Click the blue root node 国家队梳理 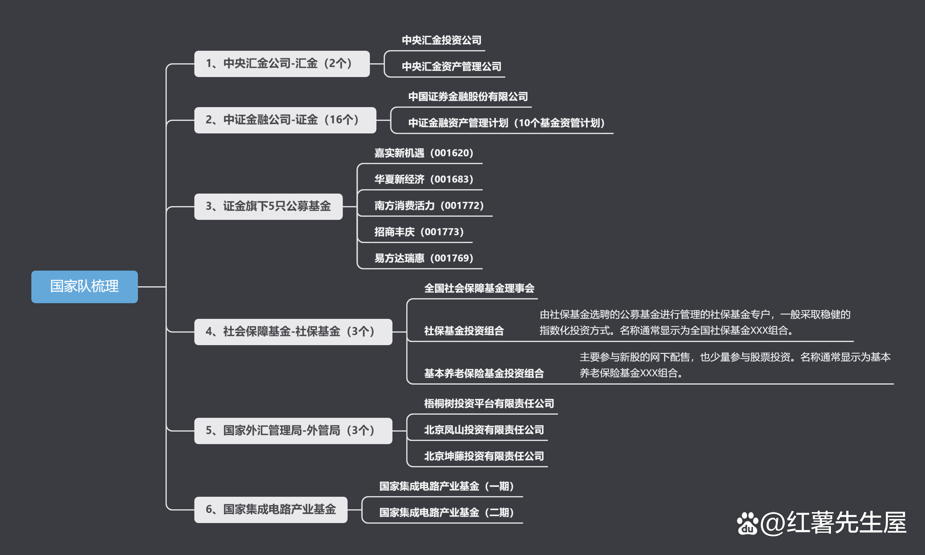click(85, 287)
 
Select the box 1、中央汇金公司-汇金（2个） click(282, 64)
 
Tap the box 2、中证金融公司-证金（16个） click(285, 120)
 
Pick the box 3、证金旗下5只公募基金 click(268, 206)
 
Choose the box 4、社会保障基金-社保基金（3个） click(293, 332)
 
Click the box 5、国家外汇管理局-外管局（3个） click(293, 431)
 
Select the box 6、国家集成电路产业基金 click(271, 509)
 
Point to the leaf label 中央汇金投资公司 click(442, 40)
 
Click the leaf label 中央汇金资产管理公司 click(451, 67)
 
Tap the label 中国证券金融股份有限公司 click(468, 96)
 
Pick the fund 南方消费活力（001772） click(429, 206)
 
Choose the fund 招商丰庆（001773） click(419, 232)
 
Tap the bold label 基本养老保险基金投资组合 click(484, 373)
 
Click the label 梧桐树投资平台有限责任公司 click(489, 403)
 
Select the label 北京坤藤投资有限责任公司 click(484, 456)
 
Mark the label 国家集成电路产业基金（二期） click(446, 512)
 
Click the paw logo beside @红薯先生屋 click(747, 524)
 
